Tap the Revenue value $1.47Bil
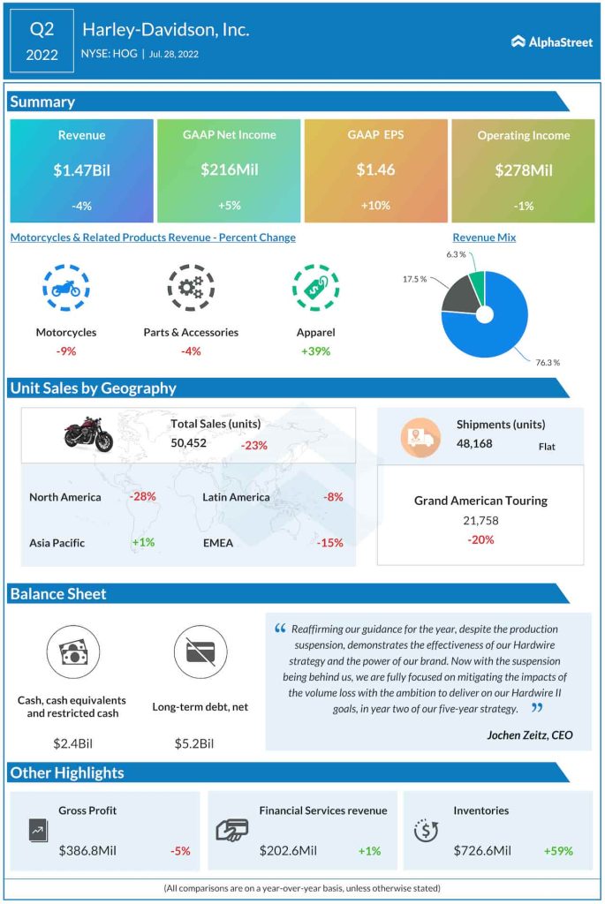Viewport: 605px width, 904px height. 81,169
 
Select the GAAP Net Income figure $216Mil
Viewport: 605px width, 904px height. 229,169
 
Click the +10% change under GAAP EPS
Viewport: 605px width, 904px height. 375,206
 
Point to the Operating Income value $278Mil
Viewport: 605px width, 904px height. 524,169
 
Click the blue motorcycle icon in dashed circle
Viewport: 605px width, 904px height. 66,288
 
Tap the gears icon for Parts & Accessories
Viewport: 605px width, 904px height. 191,288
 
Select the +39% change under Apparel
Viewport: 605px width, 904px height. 315,350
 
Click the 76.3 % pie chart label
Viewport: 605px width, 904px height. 546,362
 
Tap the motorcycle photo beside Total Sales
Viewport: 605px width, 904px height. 88,434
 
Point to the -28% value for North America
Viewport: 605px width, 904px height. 142,496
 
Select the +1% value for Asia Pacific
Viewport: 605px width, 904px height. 142,542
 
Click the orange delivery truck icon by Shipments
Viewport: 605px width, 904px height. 420,436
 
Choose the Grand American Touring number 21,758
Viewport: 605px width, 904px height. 480,521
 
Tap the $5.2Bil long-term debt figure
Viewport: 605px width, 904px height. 194,743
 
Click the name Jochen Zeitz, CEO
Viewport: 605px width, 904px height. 528,734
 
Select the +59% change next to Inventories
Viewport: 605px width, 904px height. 558,851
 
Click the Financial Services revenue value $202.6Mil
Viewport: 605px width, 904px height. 288,851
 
